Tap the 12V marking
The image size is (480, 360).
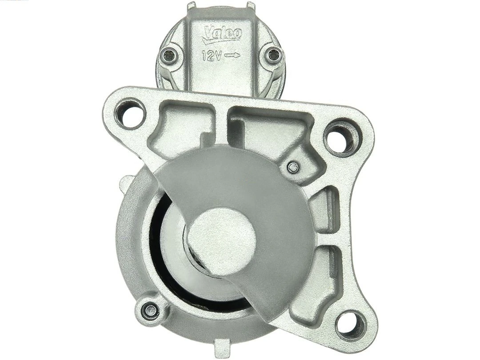(x=212, y=56)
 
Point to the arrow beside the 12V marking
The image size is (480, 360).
(x=232, y=56)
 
